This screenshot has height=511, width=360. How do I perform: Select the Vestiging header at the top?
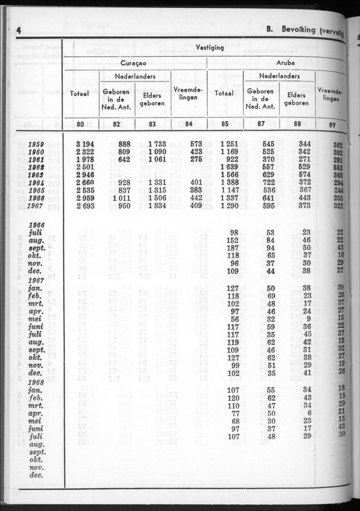pos(210,47)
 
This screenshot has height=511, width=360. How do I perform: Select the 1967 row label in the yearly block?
pos(37,206)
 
